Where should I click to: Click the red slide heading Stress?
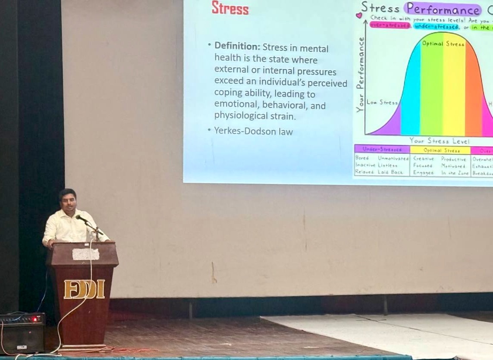(230, 8)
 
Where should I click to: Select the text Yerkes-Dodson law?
(253, 131)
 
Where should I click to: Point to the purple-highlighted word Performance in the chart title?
(442, 9)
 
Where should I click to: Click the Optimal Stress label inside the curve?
(443, 44)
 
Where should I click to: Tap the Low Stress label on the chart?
(382, 103)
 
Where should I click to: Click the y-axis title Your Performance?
(360, 75)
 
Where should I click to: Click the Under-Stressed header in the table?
(382, 149)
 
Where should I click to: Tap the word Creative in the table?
(423, 158)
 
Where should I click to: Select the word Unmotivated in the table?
(393, 158)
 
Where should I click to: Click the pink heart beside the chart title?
(359, 16)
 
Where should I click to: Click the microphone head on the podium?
(80, 218)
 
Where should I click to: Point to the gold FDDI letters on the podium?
(84, 289)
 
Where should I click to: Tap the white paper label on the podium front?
(85, 254)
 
